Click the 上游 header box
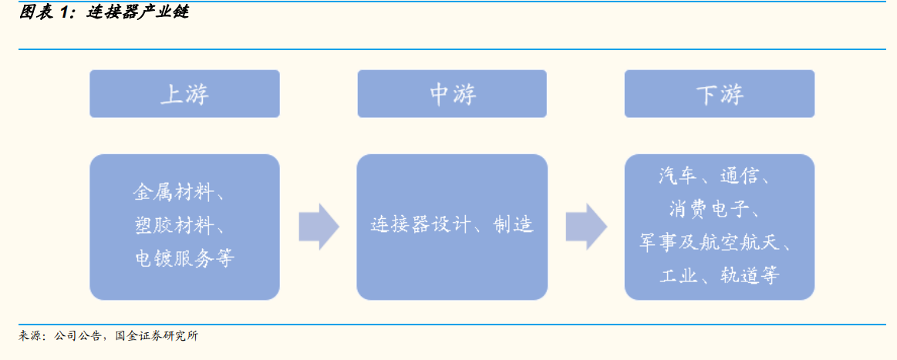click(x=185, y=94)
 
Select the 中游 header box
click(x=452, y=94)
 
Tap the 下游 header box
click(x=719, y=94)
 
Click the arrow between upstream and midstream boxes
click(x=319, y=227)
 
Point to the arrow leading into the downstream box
click(x=586, y=227)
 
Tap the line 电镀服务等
click(x=184, y=259)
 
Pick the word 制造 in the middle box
click(x=513, y=225)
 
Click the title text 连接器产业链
click(x=137, y=12)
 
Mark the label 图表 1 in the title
click(x=44, y=12)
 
